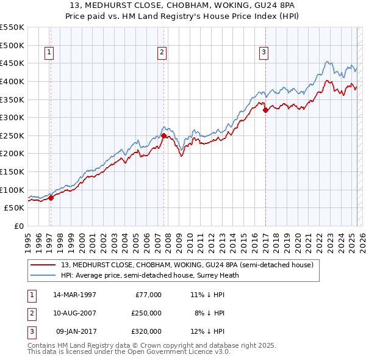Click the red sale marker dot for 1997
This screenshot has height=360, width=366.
point(51,198)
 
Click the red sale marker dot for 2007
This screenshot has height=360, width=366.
point(163,135)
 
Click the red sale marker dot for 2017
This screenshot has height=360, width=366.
point(265,110)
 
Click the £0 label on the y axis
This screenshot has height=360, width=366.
point(18,226)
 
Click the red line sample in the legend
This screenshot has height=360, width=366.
point(43,265)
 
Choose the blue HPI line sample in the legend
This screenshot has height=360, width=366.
point(43,275)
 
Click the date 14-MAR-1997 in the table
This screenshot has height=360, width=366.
point(74,295)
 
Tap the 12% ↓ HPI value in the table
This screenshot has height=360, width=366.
point(207,331)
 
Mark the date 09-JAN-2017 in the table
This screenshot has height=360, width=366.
point(74,331)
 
